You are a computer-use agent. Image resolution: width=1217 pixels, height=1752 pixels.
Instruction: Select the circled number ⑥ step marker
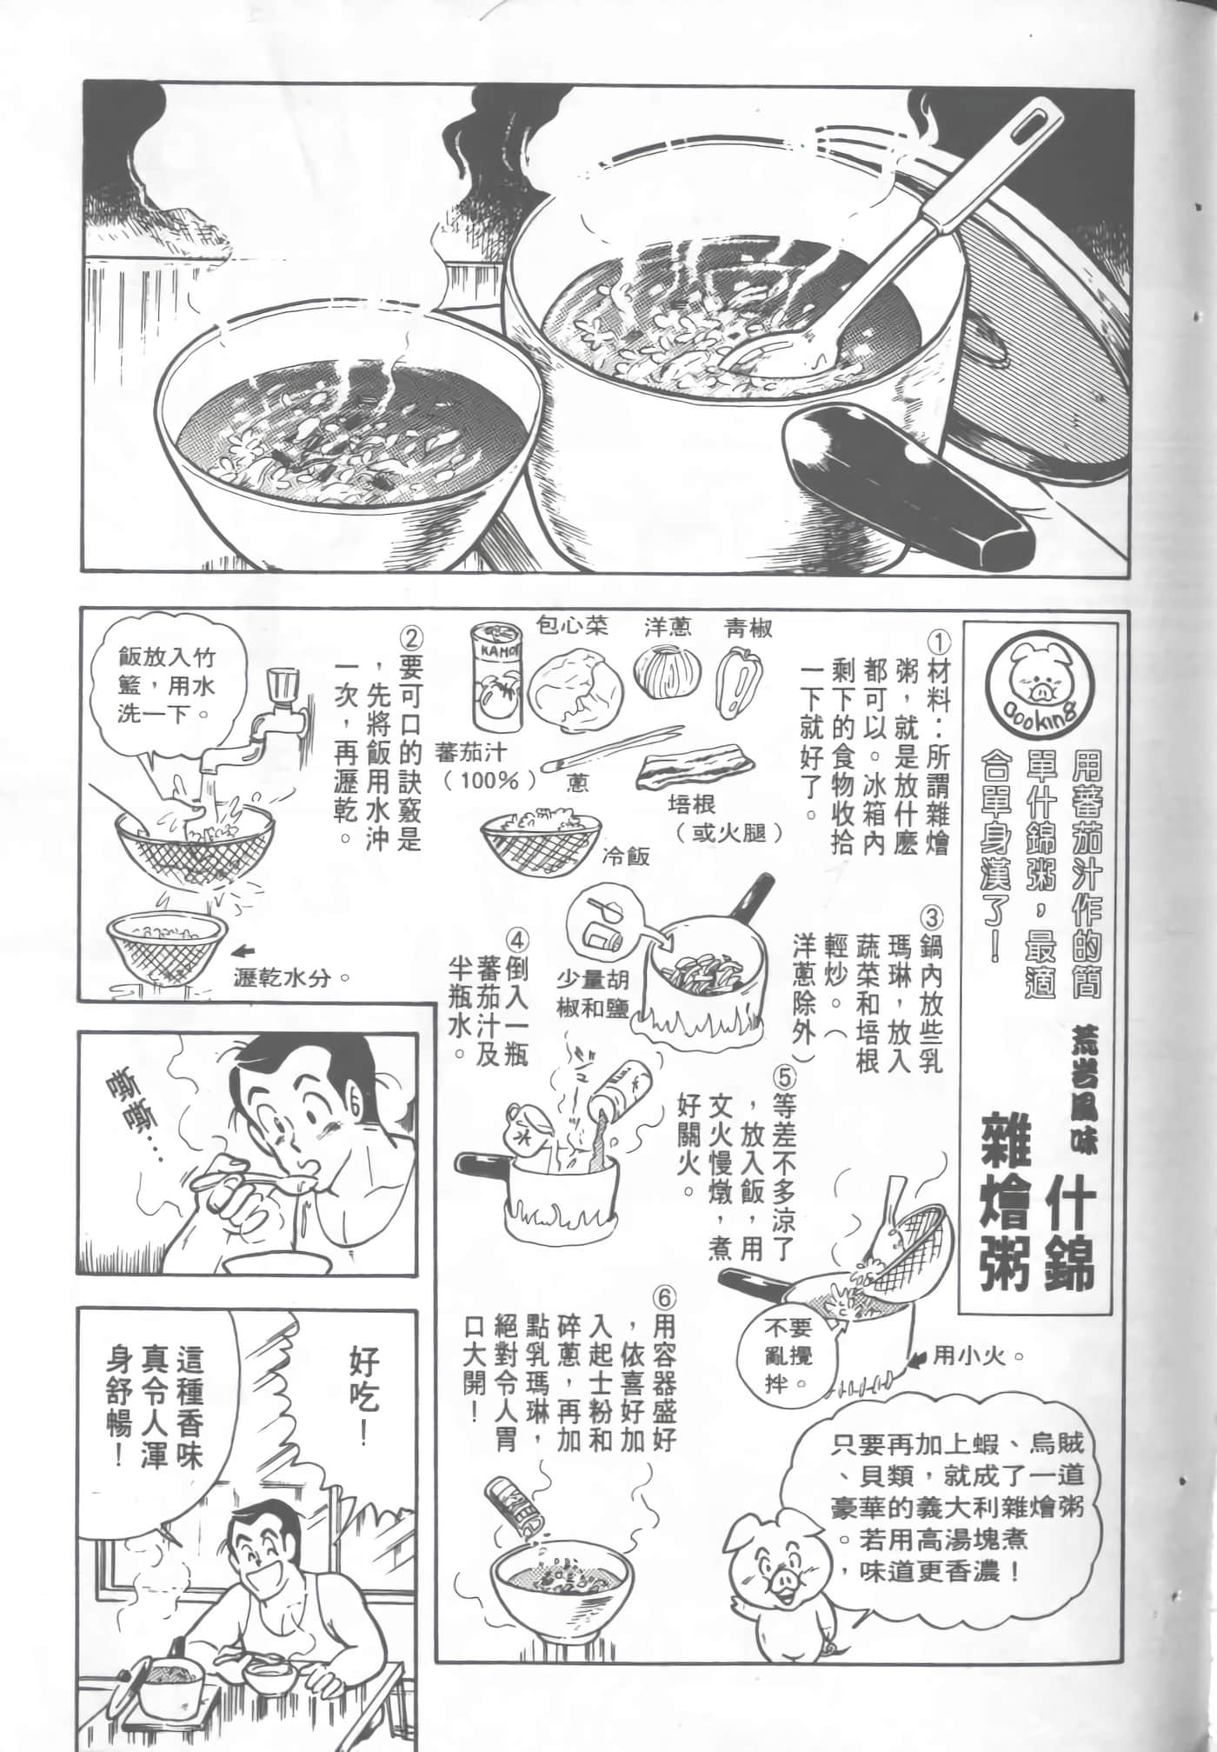click(662, 1297)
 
